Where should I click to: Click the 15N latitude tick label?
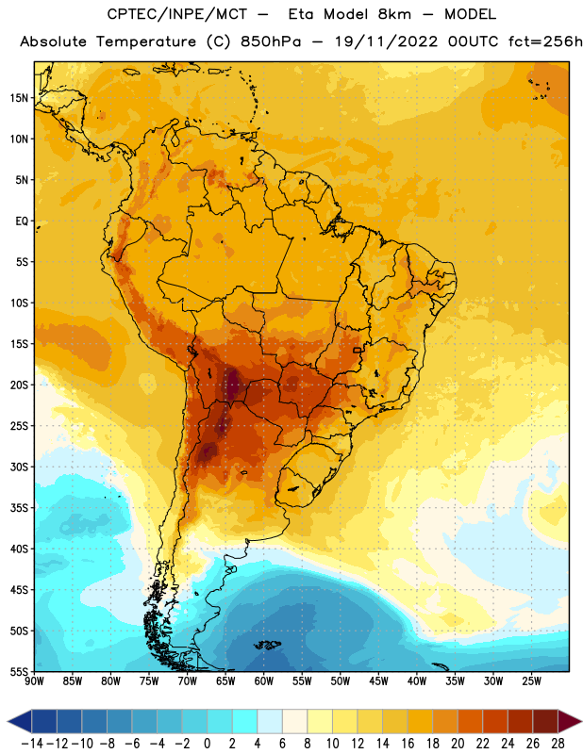click(x=19, y=98)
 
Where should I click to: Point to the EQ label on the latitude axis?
click(x=22, y=221)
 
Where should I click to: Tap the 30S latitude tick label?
click(x=19, y=467)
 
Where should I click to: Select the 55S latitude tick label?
click(x=19, y=671)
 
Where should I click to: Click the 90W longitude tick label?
click(x=34, y=681)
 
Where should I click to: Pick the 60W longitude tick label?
click(x=264, y=681)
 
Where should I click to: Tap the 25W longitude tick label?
click(x=531, y=681)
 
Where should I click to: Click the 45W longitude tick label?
click(x=378, y=681)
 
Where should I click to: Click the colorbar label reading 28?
click(x=558, y=744)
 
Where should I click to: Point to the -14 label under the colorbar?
click(x=32, y=744)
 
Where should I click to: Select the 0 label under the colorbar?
click(x=207, y=744)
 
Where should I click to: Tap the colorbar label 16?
click(x=408, y=744)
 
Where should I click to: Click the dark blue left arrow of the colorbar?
click(x=20, y=721)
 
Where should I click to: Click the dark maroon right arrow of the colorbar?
click(x=570, y=721)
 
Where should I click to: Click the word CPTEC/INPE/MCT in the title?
click(x=177, y=14)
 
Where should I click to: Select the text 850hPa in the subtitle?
click(x=271, y=41)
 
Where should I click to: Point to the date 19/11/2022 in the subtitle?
click(x=387, y=41)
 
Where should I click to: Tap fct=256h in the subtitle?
click(x=545, y=41)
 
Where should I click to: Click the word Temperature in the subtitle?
click(x=146, y=42)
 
